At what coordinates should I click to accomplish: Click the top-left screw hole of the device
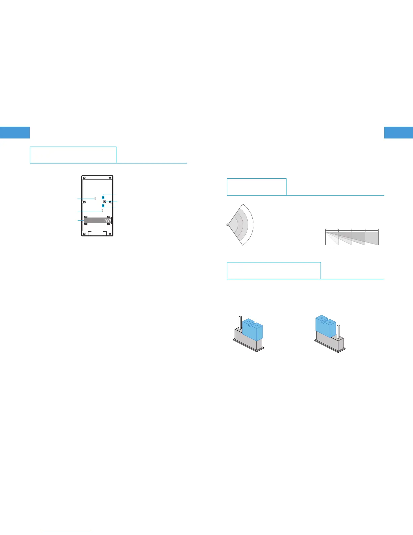[x=84, y=178]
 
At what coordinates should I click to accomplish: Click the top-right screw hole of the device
[x=110, y=178]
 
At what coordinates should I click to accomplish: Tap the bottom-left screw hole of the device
[x=84, y=233]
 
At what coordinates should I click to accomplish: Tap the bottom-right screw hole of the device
[x=110, y=233]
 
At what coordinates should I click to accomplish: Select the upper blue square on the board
[x=103, y=197]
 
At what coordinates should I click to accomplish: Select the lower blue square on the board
[x=103, y=206]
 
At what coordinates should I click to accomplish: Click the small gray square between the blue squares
[x=105, y=202]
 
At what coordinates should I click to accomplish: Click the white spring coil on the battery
[x=107, y=221]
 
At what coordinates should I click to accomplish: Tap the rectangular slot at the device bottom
[x=98, y=233]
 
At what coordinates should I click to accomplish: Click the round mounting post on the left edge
[x=84, y=202]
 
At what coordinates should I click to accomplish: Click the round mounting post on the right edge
[x=110, y=202]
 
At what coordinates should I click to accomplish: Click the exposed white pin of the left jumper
[x=240, y=322]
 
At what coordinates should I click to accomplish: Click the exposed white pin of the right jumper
[x=338, y=331]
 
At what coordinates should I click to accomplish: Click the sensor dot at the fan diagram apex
[x=227, y=224]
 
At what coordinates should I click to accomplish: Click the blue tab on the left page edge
[x=15, y=132]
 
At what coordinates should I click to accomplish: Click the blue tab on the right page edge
[x=398, y=132]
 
